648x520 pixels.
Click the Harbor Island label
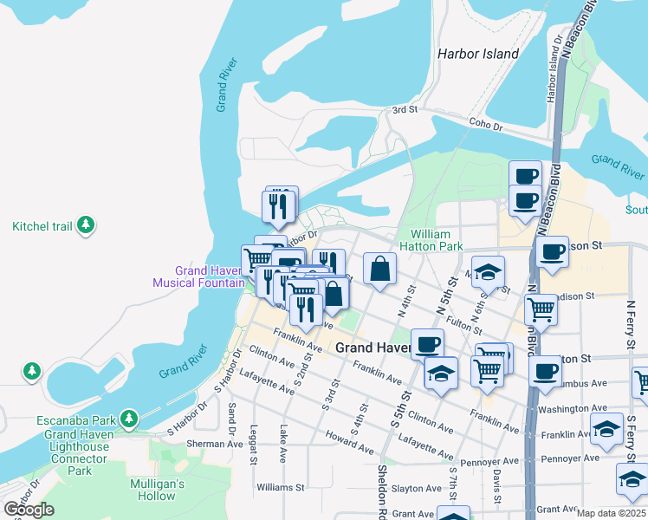(478, 54)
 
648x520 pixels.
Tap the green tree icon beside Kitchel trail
(85, 226)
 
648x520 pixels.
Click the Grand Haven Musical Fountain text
(198, 276)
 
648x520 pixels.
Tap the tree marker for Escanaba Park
(129, 419)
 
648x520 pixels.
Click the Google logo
(29, 509)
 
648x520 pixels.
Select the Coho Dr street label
(485, 126)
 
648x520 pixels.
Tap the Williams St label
(280, 487)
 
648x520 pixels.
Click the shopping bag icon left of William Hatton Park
(379, 269)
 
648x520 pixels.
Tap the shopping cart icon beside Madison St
(541, 308)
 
